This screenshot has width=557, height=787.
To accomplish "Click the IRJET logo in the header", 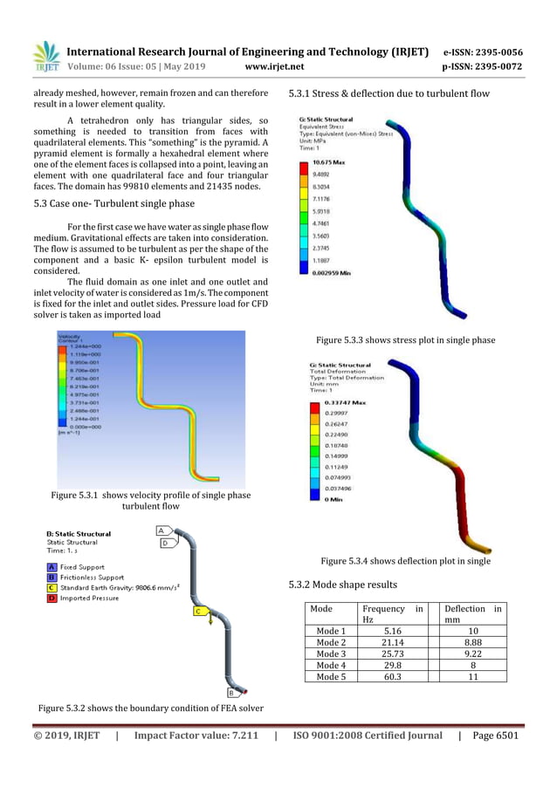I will point(45,57).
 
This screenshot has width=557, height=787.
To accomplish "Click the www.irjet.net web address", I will point(274,65).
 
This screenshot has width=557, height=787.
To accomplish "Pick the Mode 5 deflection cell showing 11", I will point(471,676).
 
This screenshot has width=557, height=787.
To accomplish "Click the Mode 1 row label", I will point(331,631).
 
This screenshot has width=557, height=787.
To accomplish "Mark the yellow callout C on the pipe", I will point(198,612).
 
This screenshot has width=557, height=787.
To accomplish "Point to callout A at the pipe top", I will point(162,530).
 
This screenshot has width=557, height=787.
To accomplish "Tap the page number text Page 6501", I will point(495,735).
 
